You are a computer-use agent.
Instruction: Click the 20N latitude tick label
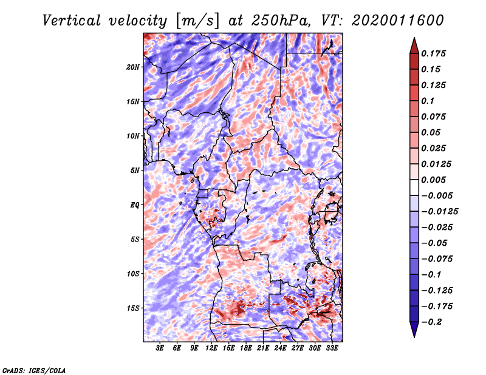[133, 67]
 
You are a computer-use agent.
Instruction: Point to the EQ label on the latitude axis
[135, 205]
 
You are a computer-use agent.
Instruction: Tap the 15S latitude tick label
[133, 308]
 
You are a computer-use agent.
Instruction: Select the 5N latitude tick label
[135, 171]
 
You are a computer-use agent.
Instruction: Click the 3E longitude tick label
[160, 348]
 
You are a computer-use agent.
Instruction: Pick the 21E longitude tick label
[263, 348]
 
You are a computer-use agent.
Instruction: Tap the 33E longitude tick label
[332, 348]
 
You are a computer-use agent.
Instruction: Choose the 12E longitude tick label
[211, 348]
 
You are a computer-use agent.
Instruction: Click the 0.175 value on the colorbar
[433, 53]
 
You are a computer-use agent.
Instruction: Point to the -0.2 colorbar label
[431, 322]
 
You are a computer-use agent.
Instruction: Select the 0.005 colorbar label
[433, 180]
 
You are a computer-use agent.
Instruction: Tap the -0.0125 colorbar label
[439, 212]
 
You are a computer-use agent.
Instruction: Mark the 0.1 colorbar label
[428, 101]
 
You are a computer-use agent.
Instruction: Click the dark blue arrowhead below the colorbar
[414, 329]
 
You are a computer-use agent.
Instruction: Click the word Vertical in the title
[72, 21]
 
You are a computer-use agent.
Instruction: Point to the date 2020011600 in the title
[398, 21]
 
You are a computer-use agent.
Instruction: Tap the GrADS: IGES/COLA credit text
[34, 370]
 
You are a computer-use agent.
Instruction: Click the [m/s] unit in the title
[197, 21]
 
